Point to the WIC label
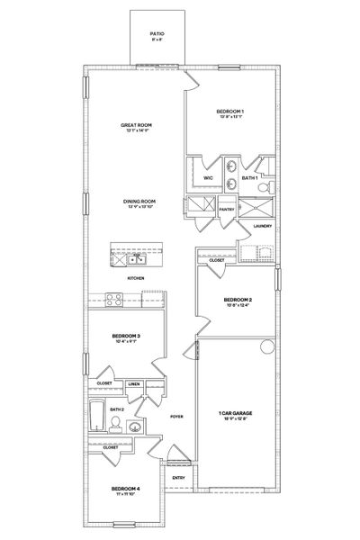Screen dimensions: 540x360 click(x=208, y=178)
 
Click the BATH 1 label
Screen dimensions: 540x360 click(x=250, y=178)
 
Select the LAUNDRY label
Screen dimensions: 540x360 click(x=262, y=226)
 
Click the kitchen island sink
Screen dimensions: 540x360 click(x=136, y=261)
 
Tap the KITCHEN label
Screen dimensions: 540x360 click(x=135, y=279)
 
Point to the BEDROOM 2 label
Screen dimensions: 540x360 click(x=238, y=300)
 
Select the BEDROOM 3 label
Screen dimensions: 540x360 click(x=125, y=337)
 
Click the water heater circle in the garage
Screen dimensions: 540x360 click(x=265, y=347)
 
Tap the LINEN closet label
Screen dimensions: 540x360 click(x=134, y=383)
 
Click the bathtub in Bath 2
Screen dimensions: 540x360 click(x=98, y=416)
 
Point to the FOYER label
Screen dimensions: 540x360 click(x=176, y=418)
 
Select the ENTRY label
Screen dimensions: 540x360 click(x=177, y=478)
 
